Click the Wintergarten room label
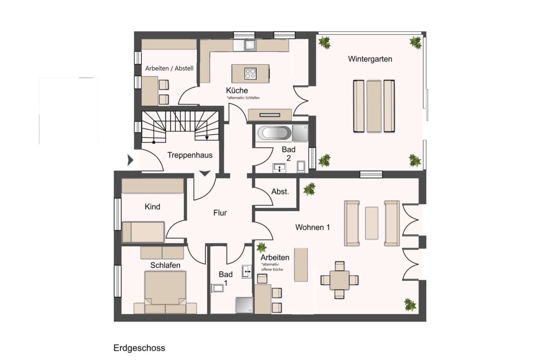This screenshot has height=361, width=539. pyautogui.click(x=370, y=59)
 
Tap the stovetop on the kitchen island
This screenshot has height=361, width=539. pyautogui.click(x=250, y=74)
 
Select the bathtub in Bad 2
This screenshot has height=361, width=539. pyautogui.click(x=274, y=133)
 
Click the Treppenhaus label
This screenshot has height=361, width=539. pyautogui.click(x=190, y=155)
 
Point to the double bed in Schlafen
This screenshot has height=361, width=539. pyautogui.click(x=165, y=292)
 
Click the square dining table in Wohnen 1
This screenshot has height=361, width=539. pyautogui.click(x=339, y=280)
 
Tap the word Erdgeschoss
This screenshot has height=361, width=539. pyautogui.click(x=139, y=348)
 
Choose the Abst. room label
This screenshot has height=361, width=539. pyautogui.click(x=280, y=191)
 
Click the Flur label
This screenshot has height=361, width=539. pyautogui.click(x=220, y=213)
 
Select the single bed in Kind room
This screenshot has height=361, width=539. pyautogui.click(x=143, y=232)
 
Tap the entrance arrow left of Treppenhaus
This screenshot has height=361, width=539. pyautogui.click(x=130, y=160)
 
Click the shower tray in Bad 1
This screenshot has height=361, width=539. pyautogui.click(x=244, y=305)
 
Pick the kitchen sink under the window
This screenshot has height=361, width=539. pyautogui.click(x=249, y=45)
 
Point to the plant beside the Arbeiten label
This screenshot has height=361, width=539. pyautogui.click(x=262, y=247)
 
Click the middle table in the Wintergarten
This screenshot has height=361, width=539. pyautogui.click(x=374, y=106)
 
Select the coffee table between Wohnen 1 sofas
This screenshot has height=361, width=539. pyautogui.click(x=372, y=223)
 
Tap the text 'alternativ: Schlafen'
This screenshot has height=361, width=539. pyautogui.click(x=243, y=98)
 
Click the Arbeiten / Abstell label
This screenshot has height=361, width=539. pyautogui.click(x=169, y=68)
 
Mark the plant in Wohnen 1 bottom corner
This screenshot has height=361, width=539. pyautogui.click(x=410, y=305)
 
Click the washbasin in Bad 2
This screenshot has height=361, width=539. pyautogui.click(x=280, y=168)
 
